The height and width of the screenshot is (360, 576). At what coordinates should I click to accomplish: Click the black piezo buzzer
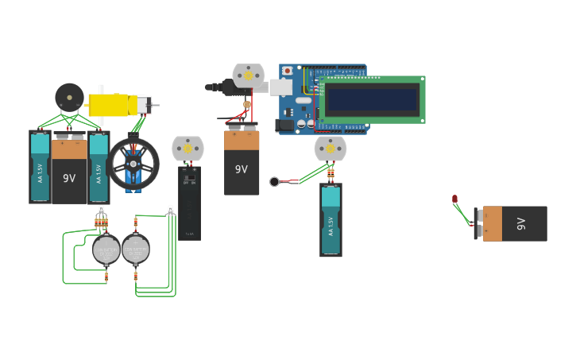pyautogui.click(x=69, y=97)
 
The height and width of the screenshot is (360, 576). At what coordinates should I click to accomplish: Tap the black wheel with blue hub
pyautogui.click(x=133, y=164)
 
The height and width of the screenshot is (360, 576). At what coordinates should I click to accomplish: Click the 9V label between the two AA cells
pyautogui.click(x=69, y=178)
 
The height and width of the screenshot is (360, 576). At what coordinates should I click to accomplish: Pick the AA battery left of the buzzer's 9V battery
pyautogui.click(x=40, y=167)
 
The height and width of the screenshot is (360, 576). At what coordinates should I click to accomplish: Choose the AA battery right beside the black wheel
pyautogui.click(x=99, y=168)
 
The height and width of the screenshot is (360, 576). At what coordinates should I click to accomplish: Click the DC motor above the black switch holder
pyautogui.click(x=187, y=148)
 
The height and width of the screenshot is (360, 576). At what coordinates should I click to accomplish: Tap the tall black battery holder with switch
pyautogui.click(x=189, y=202)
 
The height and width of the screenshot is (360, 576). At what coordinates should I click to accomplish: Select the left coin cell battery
pyautogui.click(x=106, y=250)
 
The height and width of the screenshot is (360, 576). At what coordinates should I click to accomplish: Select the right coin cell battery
pyautogui.click(x=135, y=250)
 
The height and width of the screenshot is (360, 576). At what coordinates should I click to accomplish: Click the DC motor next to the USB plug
pyautogui.click(x=248, y=76)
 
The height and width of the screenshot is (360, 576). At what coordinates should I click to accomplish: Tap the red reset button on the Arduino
pyautogui.click(x=287, y=71)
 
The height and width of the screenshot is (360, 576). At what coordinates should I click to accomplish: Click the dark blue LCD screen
pyautogui.click(x=372, y=99)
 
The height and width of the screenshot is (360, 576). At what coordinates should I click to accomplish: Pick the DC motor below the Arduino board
pyautogui.click(x=330, y=148)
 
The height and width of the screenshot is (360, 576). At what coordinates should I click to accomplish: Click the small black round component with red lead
pyautogui.click(x=275, y=182)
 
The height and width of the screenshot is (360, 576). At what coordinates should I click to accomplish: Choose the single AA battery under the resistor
pyautogui.click(x=331, y=220)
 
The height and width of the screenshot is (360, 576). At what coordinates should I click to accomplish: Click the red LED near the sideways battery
pyautogui.click(x=454, y=199)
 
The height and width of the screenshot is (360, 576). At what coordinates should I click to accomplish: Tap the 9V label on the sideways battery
pyautogui.click(x=521, y=223)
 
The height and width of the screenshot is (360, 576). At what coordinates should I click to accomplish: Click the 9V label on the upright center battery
pyautogui.click(x=242, y=169)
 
